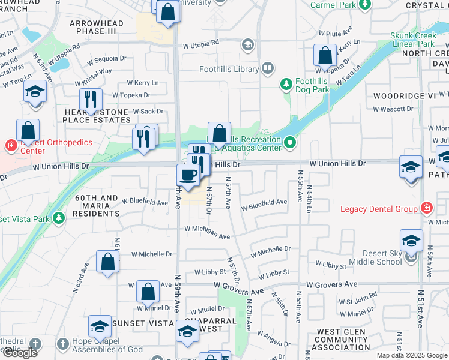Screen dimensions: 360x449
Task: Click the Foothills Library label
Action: point(238,69)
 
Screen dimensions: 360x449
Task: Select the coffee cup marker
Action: point(188,175)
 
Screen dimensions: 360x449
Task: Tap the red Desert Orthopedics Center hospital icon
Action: point(10,145)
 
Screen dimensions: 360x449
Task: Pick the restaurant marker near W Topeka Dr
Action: point(91,98)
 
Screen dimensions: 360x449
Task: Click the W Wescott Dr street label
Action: point(393,109)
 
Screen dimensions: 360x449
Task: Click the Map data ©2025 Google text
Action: point(412,355)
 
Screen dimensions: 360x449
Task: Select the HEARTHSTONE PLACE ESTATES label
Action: point(97,116)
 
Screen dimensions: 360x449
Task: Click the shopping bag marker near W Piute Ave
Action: point(325,55)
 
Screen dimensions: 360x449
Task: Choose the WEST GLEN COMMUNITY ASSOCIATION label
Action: point(343,339)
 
